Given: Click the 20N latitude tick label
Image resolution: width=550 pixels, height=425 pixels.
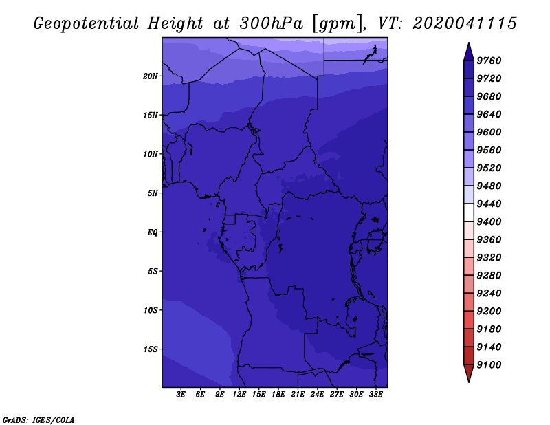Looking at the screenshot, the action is (x=151, y=76).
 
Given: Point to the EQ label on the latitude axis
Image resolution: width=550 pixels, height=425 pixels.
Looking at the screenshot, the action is (x=153, y=232).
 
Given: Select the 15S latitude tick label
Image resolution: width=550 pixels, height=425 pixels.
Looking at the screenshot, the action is (x=151, y=349).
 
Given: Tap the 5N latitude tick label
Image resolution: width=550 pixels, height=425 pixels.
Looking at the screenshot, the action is (x=153, y=193).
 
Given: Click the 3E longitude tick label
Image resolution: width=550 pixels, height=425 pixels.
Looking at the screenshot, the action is (x=181, y=395).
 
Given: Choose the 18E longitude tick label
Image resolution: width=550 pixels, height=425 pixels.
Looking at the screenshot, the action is (x=278, y=395).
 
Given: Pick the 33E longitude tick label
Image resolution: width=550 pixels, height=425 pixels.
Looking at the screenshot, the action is (x=375, y=395).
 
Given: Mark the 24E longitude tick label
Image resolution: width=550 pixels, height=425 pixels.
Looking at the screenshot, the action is (x=317, y=395).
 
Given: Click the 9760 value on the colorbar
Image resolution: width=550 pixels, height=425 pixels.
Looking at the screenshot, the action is (x=489, y=61).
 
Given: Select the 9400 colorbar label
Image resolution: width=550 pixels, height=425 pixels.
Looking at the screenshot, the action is (x=489, y=222).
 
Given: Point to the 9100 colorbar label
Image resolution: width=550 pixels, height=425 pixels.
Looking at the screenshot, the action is (x=489, y=365).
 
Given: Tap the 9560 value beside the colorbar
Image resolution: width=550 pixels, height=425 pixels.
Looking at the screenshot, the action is (x=489, y=150).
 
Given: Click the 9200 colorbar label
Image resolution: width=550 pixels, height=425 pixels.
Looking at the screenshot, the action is (x=489, y=312).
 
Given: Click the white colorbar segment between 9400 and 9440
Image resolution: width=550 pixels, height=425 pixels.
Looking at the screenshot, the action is (x=469, y=212).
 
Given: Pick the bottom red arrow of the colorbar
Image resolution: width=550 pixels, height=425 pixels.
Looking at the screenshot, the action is (x=469, y=373).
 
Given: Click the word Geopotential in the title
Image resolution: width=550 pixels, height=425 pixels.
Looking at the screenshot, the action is (x=87, y=24).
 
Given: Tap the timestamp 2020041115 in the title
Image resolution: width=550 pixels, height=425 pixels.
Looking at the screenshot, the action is (x=465, y=23).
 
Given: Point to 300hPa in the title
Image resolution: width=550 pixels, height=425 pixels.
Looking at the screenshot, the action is (x=271, y=23).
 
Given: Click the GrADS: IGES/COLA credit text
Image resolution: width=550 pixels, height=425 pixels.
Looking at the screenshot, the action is (x=38, y=420).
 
